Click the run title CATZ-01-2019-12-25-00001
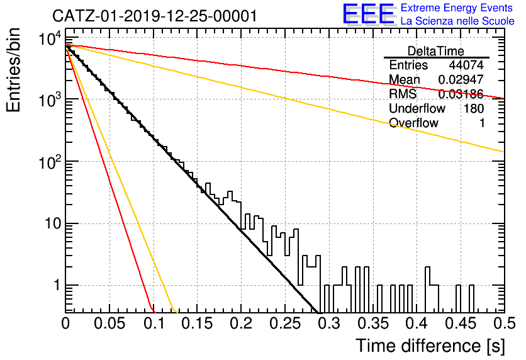point(155,16)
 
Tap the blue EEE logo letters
point(369,14)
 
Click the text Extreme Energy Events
point(457,8)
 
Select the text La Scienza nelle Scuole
point(457,21)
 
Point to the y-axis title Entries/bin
point(13,70)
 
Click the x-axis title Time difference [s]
point(430,346)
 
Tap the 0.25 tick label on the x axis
point(285,323)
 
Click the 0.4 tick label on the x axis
point(417,323)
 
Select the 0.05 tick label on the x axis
point(109,323)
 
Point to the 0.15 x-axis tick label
point(198,323)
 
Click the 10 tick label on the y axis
point(53,223)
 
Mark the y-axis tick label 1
point(57,285)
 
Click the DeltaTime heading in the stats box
point(436,51)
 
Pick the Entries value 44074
point(466,65)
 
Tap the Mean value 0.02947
point(461,79)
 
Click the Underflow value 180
point(474,108)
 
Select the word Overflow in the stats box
point(413,123)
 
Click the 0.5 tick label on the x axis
point(505,323)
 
